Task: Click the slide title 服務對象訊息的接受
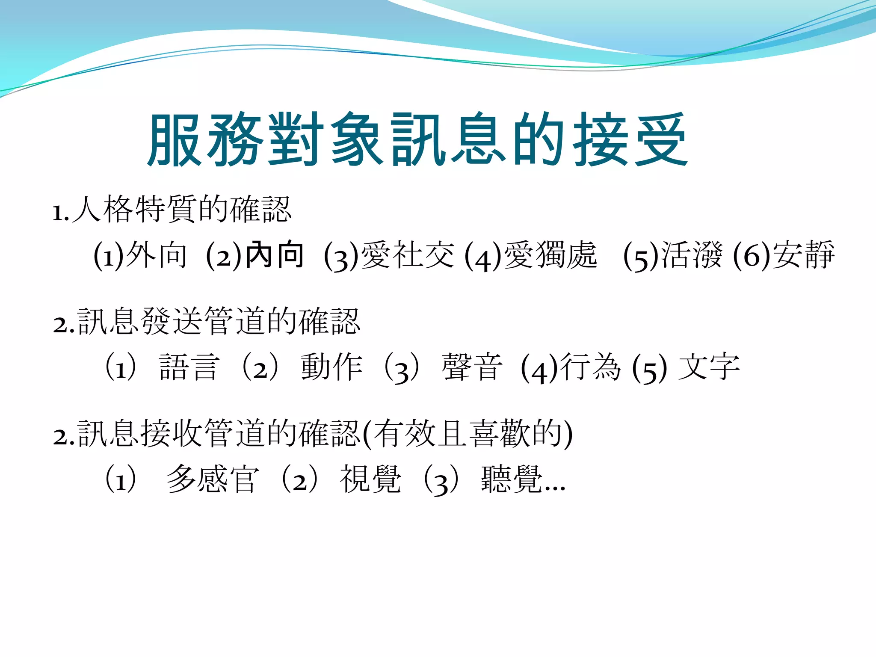tap(417, 140)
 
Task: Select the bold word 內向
tap(275, 255)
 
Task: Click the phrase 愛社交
tap(407, 255)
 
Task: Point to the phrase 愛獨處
tap(550, 255)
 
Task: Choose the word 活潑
tap(692, 255)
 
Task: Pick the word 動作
tap(331, 367)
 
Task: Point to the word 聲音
tap(472, 367)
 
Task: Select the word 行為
tap(590, 367)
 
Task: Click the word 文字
tap(709, 367)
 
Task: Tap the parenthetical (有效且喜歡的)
tap(467, 434)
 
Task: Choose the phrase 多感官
tap(213, 479)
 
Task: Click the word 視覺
tap(370, 479)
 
